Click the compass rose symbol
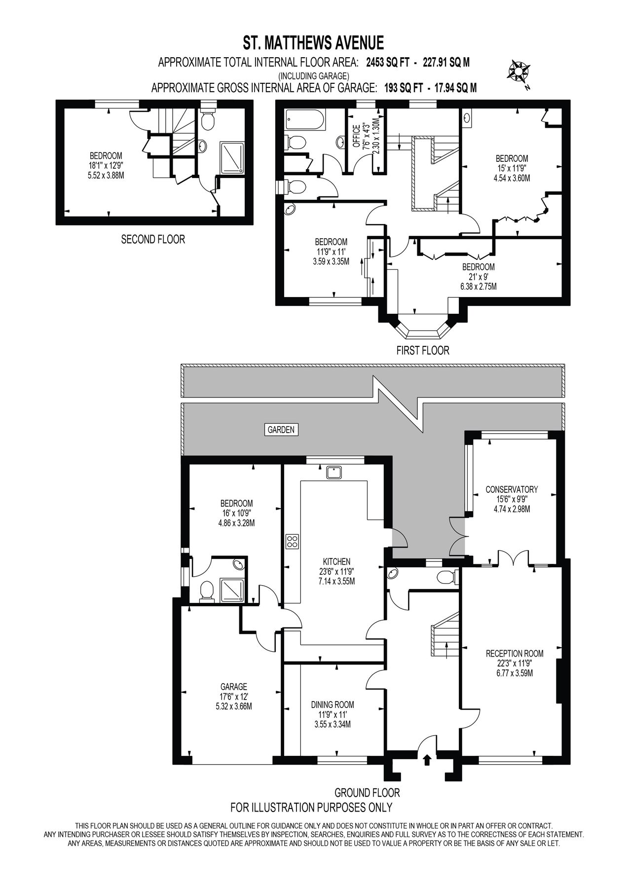tap(519, 71)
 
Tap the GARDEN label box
tap(281, 430)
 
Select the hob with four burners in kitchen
tap(292, 541)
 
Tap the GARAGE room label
tap(234, 686)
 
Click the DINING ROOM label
tap(332, 704)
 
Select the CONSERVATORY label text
tap(511, 489)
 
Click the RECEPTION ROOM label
tap(514, 653)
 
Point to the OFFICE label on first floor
tap(356, 136)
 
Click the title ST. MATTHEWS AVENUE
tap(313, 42)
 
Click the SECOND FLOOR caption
tap(153, 240)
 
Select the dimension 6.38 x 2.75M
tap(478, 286)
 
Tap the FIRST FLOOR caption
tap(423, 350)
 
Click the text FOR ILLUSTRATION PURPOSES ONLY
tap(311, 808)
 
